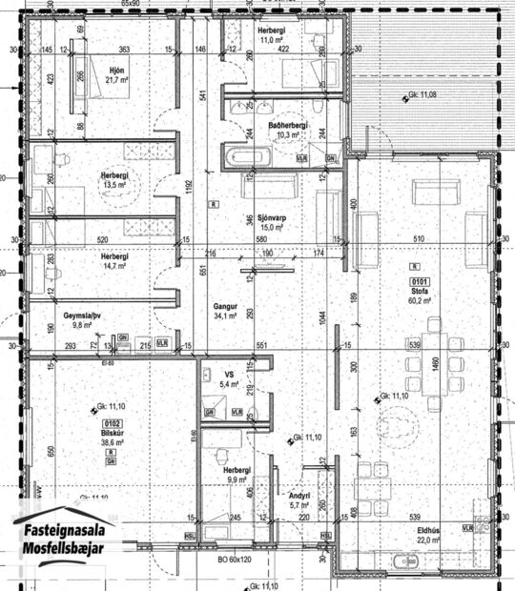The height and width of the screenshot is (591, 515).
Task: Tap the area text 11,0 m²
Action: [272, 42]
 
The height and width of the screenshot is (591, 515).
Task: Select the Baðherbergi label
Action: [285, 125]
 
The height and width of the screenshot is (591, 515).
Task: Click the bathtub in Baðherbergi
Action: [245, 155]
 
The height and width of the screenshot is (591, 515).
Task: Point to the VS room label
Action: [229, 374]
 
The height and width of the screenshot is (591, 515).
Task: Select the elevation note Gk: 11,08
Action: [421, 95]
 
